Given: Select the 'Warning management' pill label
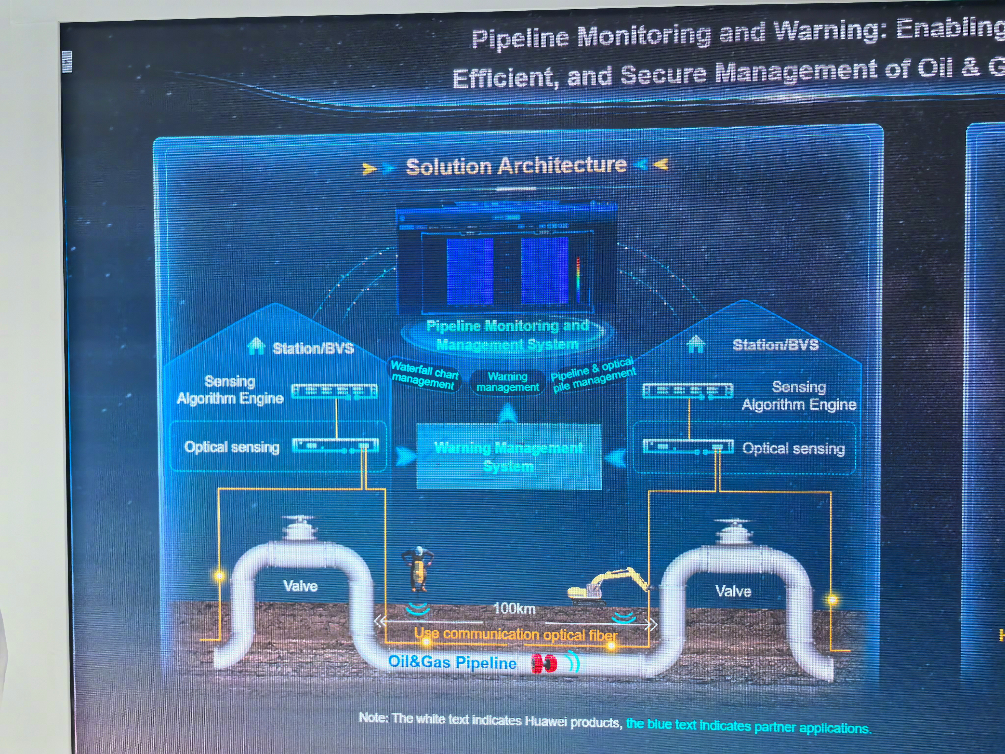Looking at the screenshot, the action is coord(507,382).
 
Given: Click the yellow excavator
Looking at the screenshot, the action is coord(604,586).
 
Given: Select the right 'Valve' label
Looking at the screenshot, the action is coord(733,591).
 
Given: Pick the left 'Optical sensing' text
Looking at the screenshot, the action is coord(232,447).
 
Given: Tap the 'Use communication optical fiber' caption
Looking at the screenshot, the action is coord(516,634).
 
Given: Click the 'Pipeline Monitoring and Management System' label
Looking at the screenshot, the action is coord(507,335).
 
